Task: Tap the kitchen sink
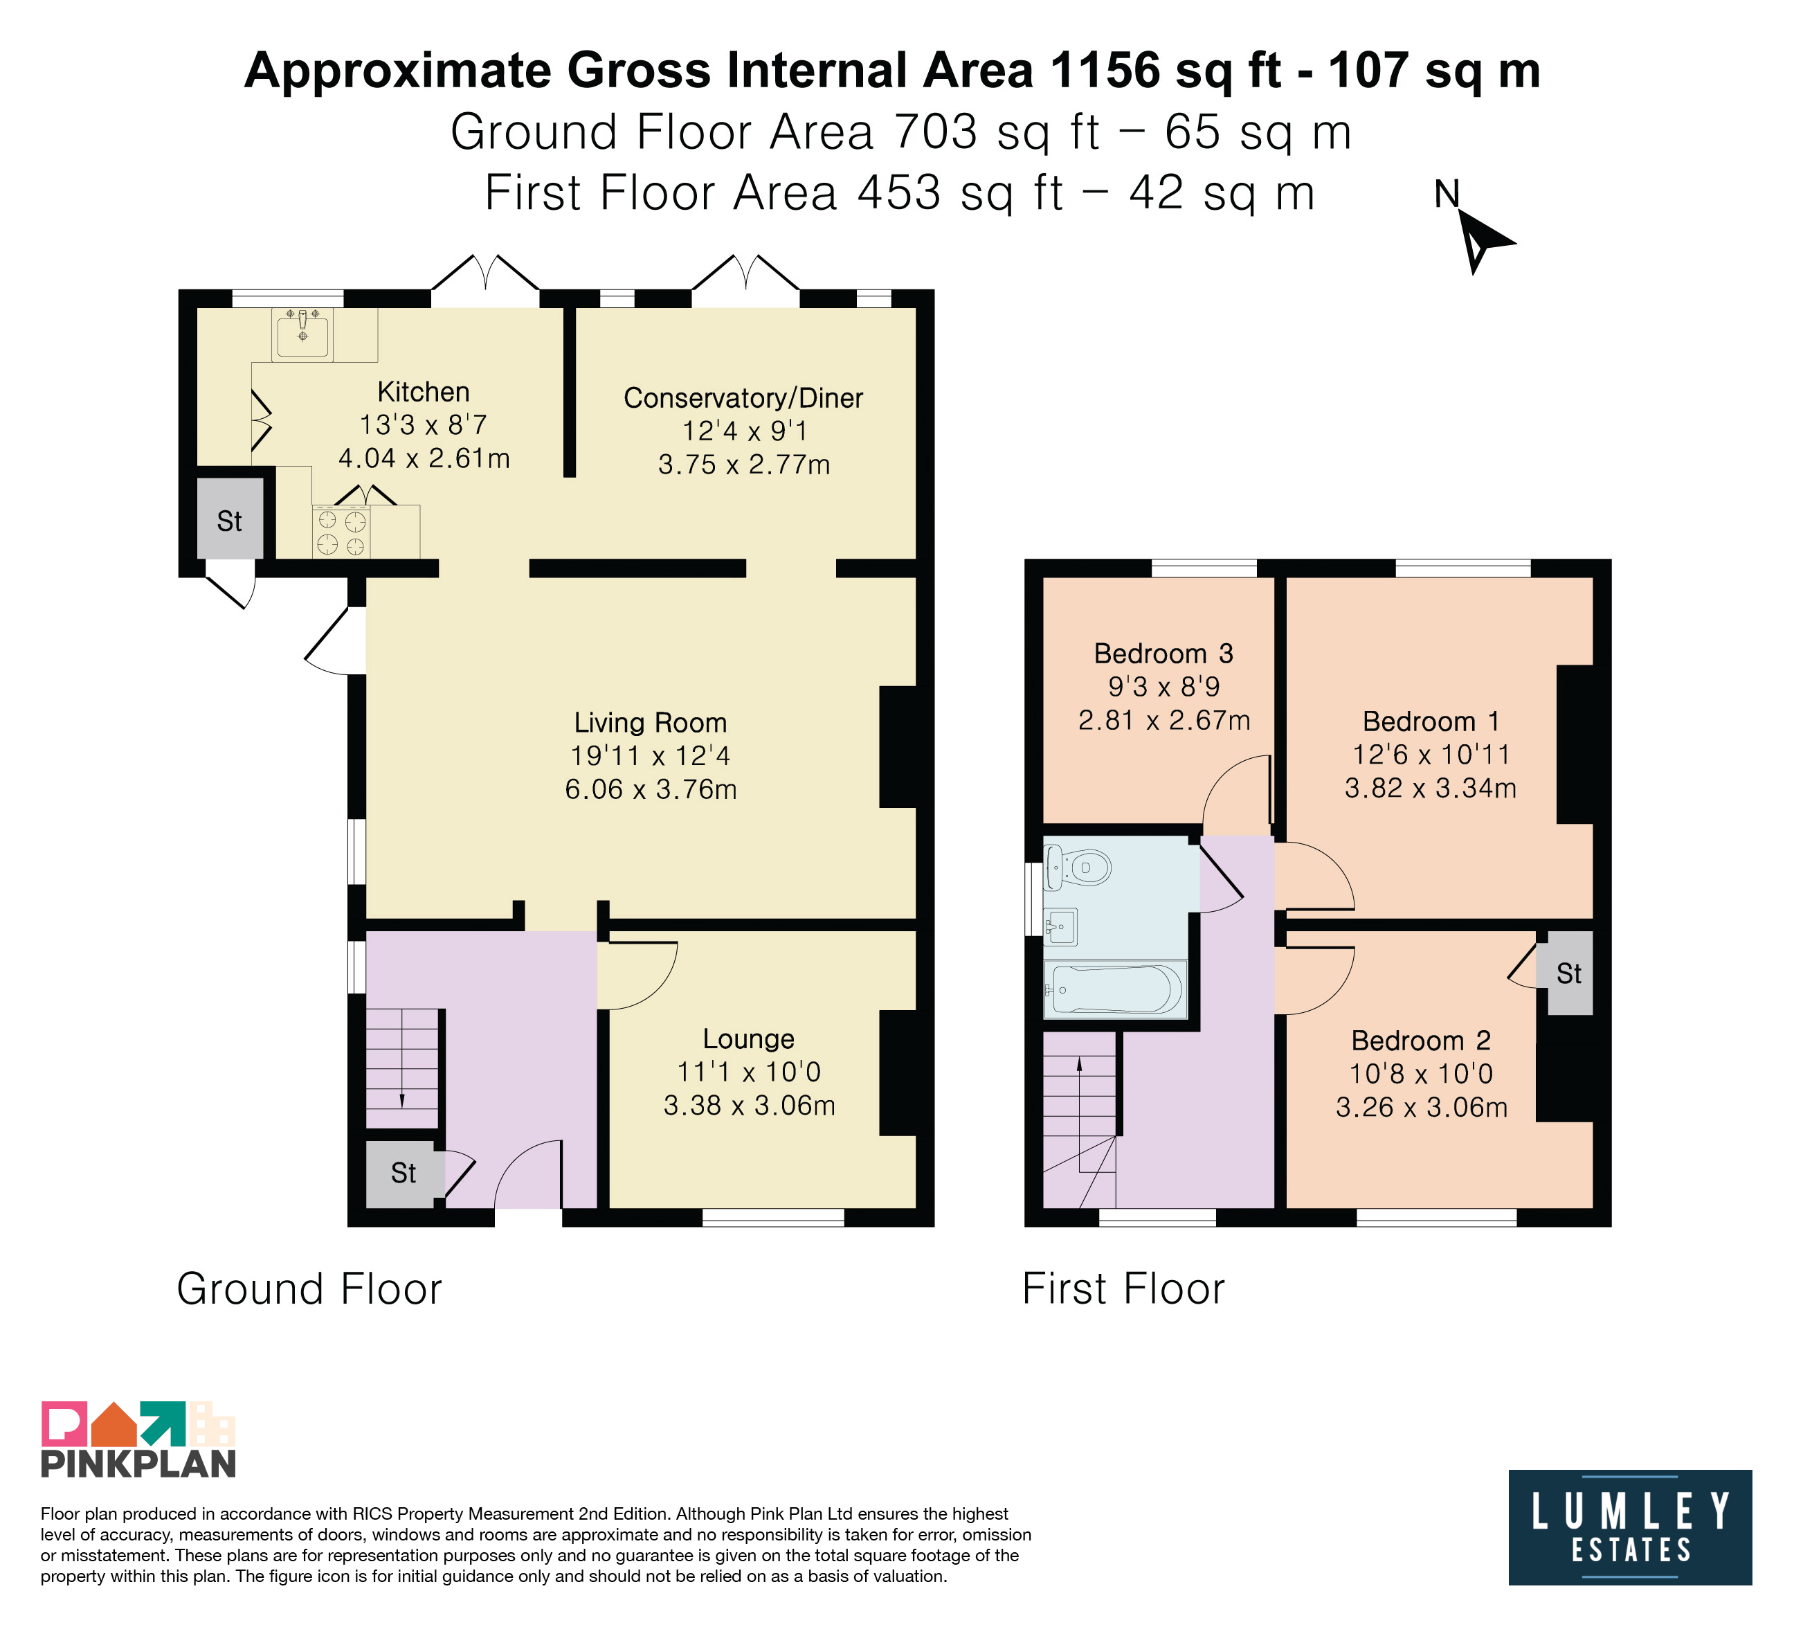302,334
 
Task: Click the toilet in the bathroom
1078,867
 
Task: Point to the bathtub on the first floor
1115,989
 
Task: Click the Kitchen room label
424,392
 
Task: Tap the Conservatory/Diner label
743,398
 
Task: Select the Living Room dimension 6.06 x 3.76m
651,789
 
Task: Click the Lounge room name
748,1039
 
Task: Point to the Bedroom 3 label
1163,654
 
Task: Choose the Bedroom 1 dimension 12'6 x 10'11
1431,755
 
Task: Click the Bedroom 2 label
1420,1041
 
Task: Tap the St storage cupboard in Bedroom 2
1570,973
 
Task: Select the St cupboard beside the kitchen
230,521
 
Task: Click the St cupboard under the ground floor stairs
403,1173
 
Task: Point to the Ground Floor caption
309,1288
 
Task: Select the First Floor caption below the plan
1123,1288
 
